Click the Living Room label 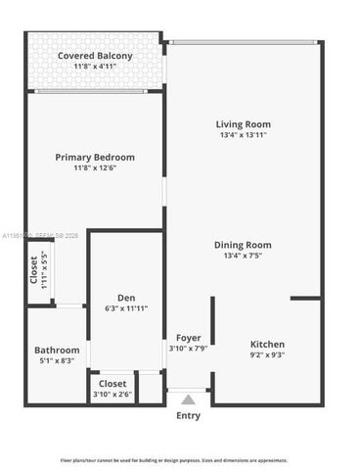[243, 124]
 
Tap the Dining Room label [243, 245]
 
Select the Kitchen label [267, 345]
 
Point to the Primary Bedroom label [95, 157]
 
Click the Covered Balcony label [95, 56]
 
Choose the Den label [126, 298]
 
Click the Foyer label [189, 338]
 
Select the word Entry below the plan [188, 415]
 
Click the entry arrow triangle [188, 399]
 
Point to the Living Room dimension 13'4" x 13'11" [243, 135]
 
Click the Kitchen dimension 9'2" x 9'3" [267, 355]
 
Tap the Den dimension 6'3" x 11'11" [126, 308]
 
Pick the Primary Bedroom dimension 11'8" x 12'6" [95, 167]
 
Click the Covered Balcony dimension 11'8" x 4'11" [95, 67]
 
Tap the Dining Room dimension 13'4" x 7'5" [243, 256]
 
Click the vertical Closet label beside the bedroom [33, 270]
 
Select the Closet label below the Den [112, 384]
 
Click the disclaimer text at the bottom [174, 459]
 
